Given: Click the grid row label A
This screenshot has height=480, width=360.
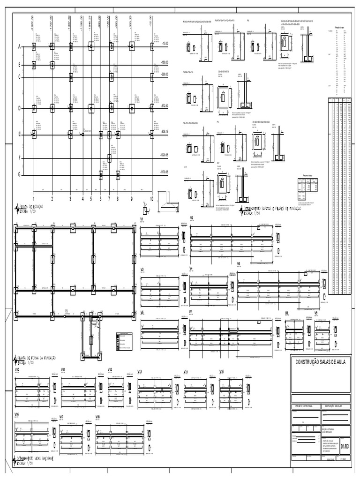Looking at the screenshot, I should (20, 46).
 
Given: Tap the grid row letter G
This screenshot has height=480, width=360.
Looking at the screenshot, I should (20, 175).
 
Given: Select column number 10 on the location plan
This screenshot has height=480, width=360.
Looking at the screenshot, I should (151, 199).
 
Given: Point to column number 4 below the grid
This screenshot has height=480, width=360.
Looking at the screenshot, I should (82, 199).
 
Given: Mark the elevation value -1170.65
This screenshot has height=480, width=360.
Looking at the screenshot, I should (164, 172).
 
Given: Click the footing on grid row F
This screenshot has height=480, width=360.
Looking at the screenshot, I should (109, 158).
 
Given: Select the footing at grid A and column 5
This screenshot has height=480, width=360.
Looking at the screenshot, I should (91, 46).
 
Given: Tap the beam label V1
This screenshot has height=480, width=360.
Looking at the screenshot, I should (142, 219).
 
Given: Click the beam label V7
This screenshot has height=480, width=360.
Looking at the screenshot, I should (191, 312).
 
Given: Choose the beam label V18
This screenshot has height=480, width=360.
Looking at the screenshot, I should (98, 417).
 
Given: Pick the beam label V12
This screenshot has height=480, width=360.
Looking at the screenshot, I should (110, 370).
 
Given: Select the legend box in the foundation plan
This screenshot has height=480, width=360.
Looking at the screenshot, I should (123, 342).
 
